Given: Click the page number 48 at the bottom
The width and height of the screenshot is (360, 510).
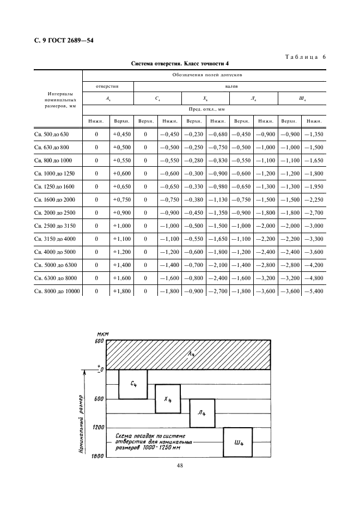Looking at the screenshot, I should pyautogui.click(x=179, y=465).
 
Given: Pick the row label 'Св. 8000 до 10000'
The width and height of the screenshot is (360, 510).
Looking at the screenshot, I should pyautogui.click(x=57, y=291).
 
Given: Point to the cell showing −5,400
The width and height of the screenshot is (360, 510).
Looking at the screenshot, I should pyautogui.click(x=314, y=291).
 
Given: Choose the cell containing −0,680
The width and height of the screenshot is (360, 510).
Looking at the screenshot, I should pyautogui.click(x=218, y=134).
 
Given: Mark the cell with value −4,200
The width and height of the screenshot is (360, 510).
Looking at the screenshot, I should pyautogui.click(x=314, y=265).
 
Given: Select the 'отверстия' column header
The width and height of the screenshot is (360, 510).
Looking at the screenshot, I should pyautogui.click(x=107, y=86).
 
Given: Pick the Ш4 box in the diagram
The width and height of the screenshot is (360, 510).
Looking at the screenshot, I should pyautogui.click(x=239, y=442).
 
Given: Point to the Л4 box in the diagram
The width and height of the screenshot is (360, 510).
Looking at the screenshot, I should pyautogui.click(x=202, y=414).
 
